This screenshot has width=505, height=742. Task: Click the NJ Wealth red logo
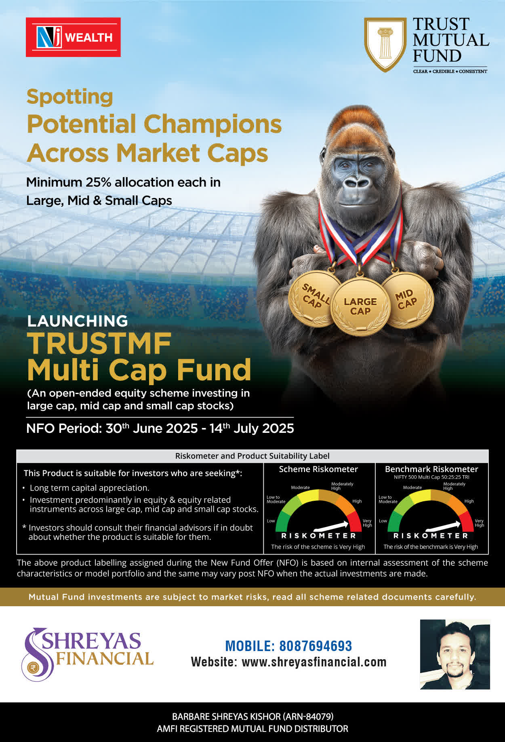(x=73, y=37)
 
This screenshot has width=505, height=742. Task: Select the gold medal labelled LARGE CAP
(x=360, y=307)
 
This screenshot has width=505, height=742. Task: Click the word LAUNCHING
(x=78, y=321)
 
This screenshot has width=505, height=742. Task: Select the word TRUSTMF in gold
(x=99, y=344)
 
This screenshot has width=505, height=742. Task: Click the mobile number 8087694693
(x=316, y=646)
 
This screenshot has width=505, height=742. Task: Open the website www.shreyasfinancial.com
(x=314, y=662)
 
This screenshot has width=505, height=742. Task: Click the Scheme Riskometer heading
(x=318, y=469)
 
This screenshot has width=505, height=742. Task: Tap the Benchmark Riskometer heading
(x=431, y=469)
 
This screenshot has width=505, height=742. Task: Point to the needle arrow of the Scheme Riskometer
(x=331, y=526)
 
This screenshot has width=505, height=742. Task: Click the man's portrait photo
(x=455, y=654)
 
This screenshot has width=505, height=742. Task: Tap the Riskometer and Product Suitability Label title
(x=252, y=456)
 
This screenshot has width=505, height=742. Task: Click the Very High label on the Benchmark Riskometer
(x=479, y=523)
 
